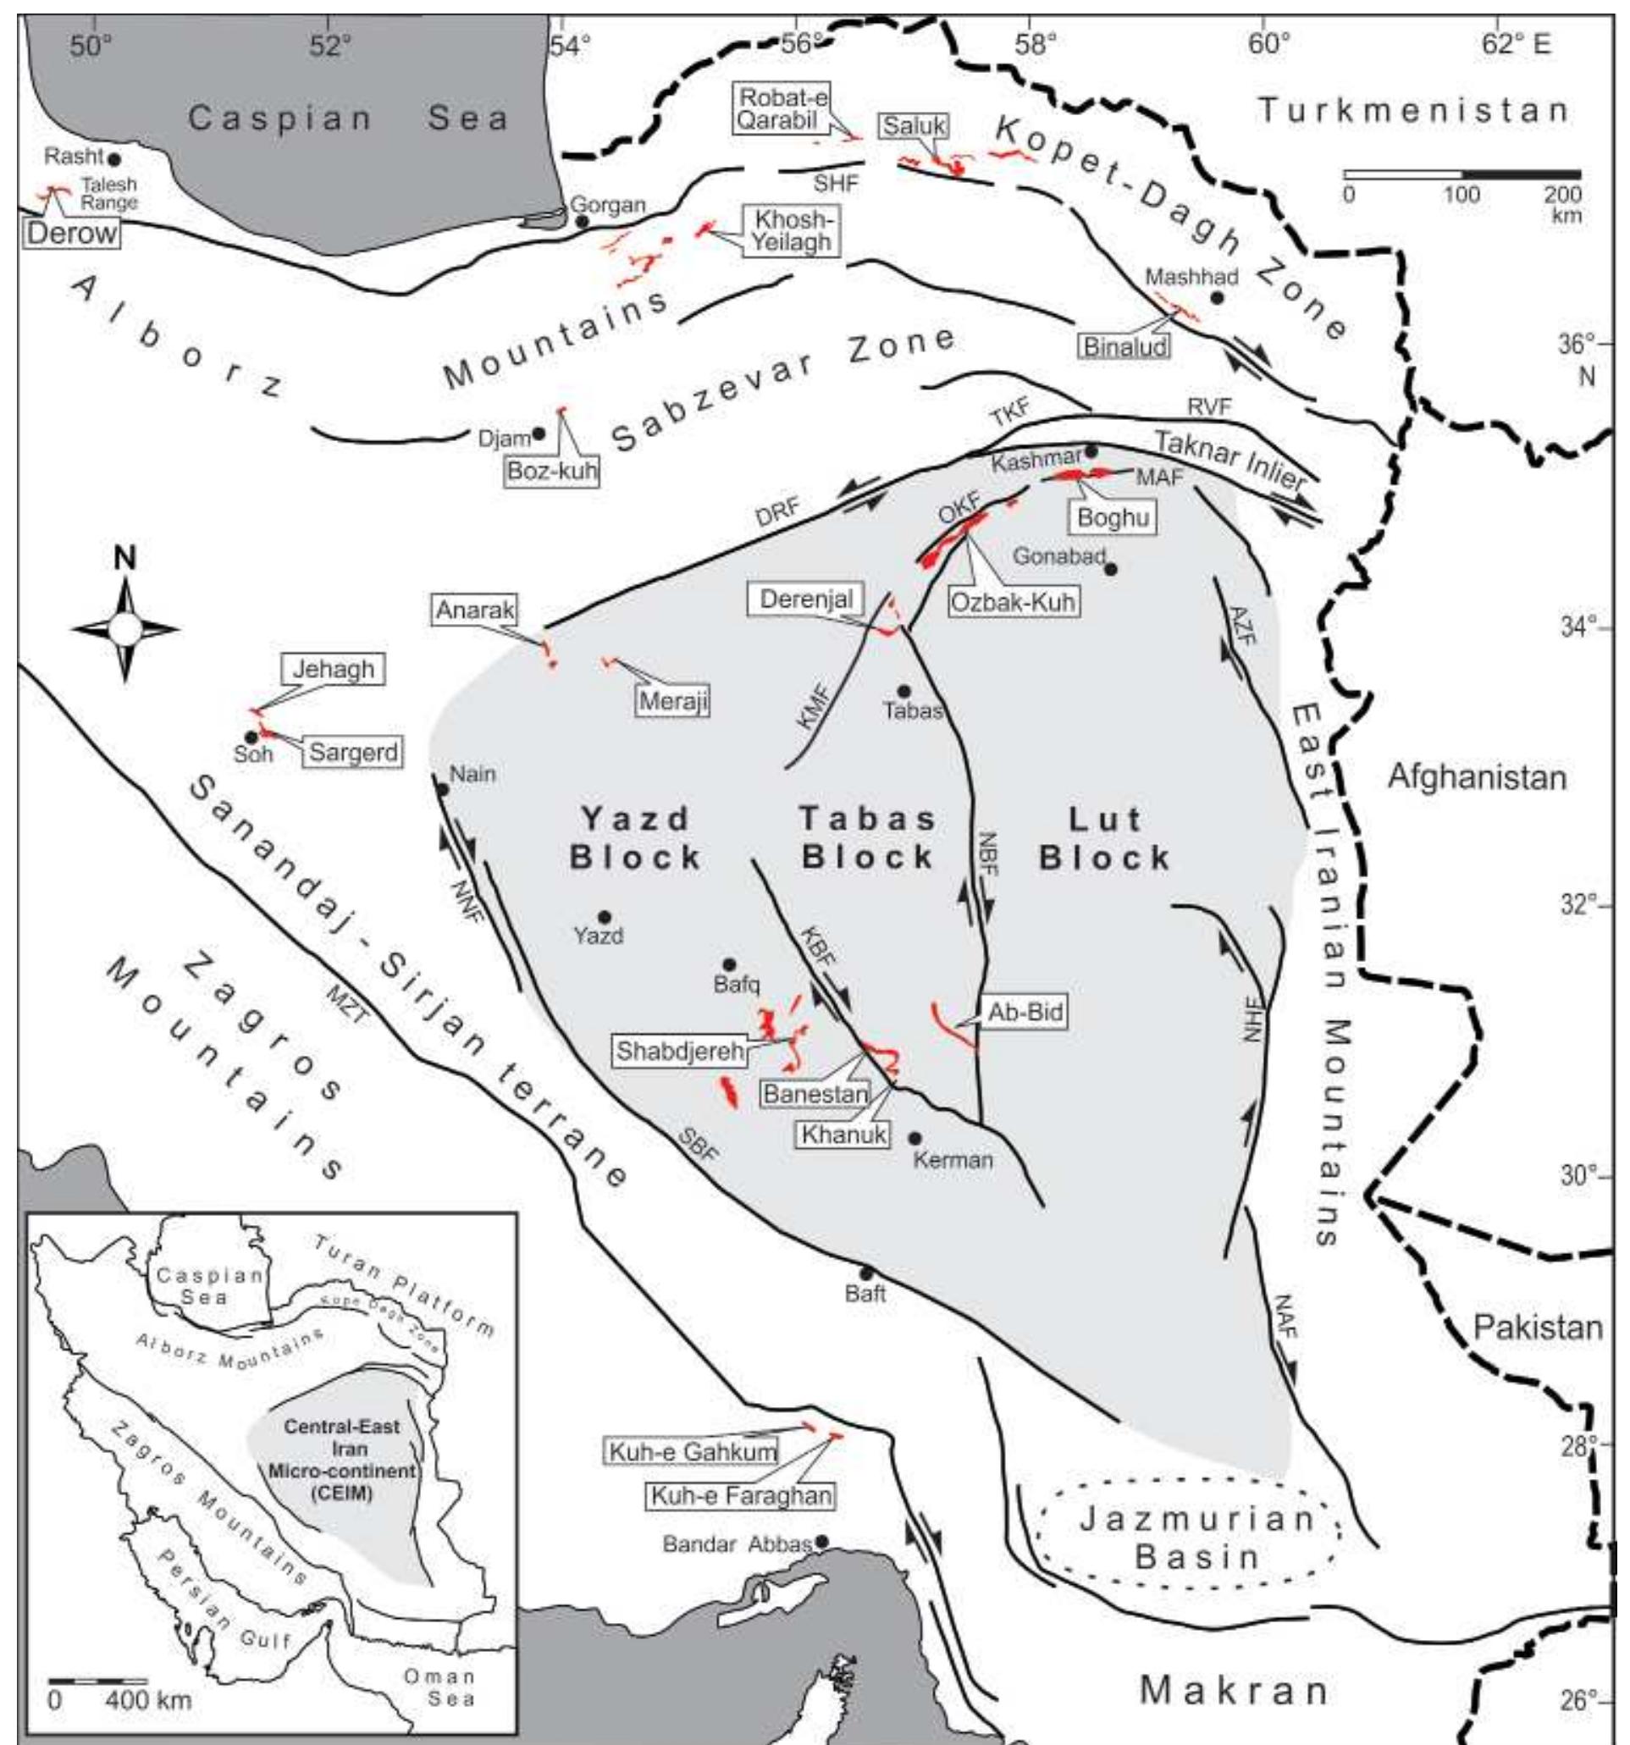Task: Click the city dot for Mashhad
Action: (1217, 297)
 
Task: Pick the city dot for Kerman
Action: (914, 1139)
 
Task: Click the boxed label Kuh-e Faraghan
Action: (740, 1496)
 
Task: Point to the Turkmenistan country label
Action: (1412, 112)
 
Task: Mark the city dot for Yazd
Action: (604, 917)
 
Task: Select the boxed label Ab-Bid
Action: (1025, 1012)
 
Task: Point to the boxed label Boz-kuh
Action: (552, 472)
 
